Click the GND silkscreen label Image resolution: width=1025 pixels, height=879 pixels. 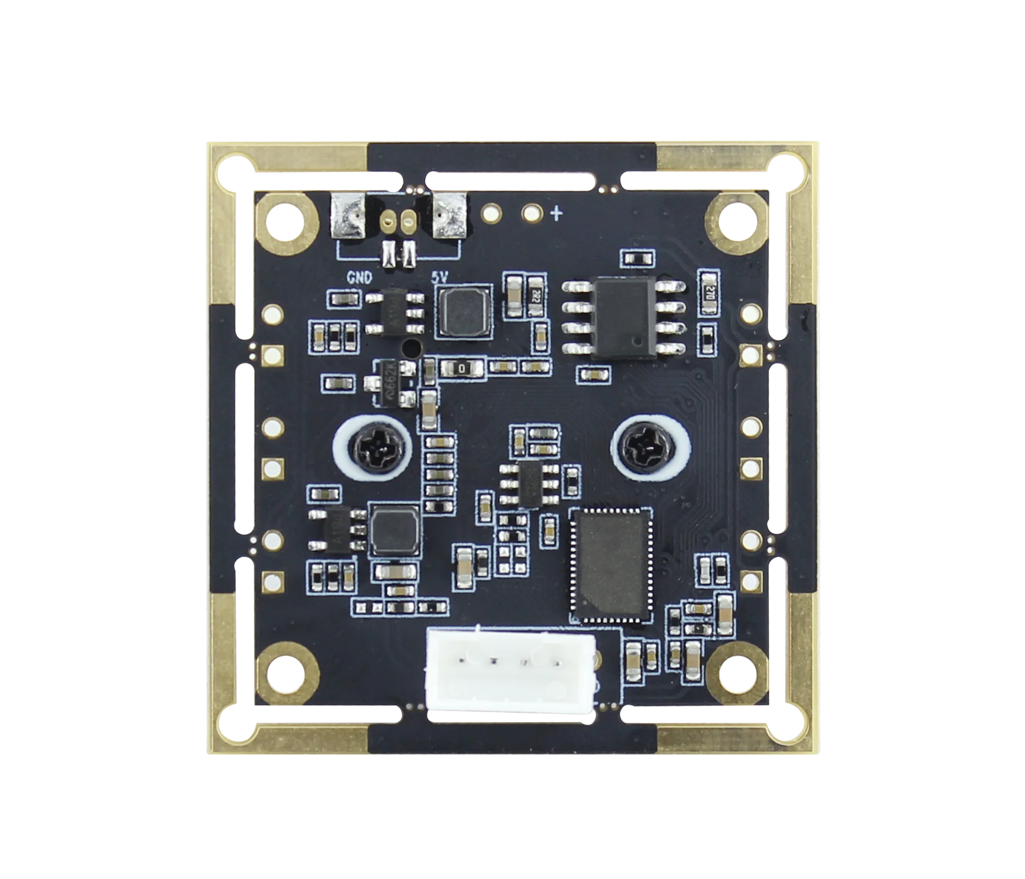coord(359,278)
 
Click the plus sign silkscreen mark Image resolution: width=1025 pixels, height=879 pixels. coord(556,214)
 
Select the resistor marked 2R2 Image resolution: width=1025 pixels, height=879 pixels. coord(536,296)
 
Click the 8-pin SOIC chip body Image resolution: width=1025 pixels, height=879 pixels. coord(624,316)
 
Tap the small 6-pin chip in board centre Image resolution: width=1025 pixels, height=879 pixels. coord(529,484)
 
